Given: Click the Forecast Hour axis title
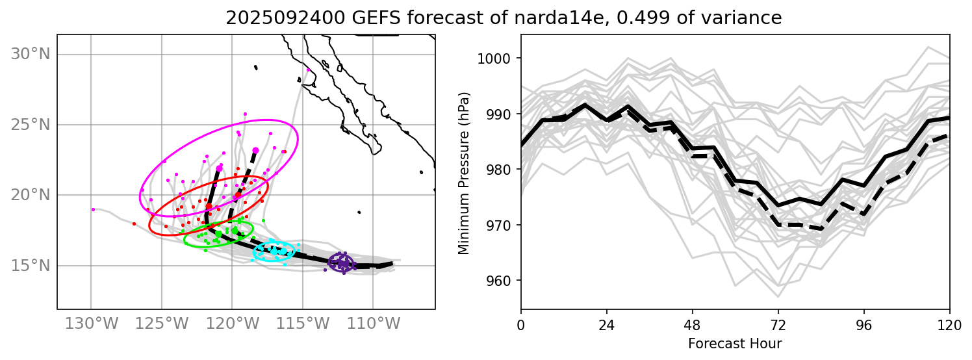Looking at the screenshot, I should point(735,344).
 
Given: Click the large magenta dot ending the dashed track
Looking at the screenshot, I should point(255,150).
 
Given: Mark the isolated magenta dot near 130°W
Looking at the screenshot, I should point(93,209).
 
